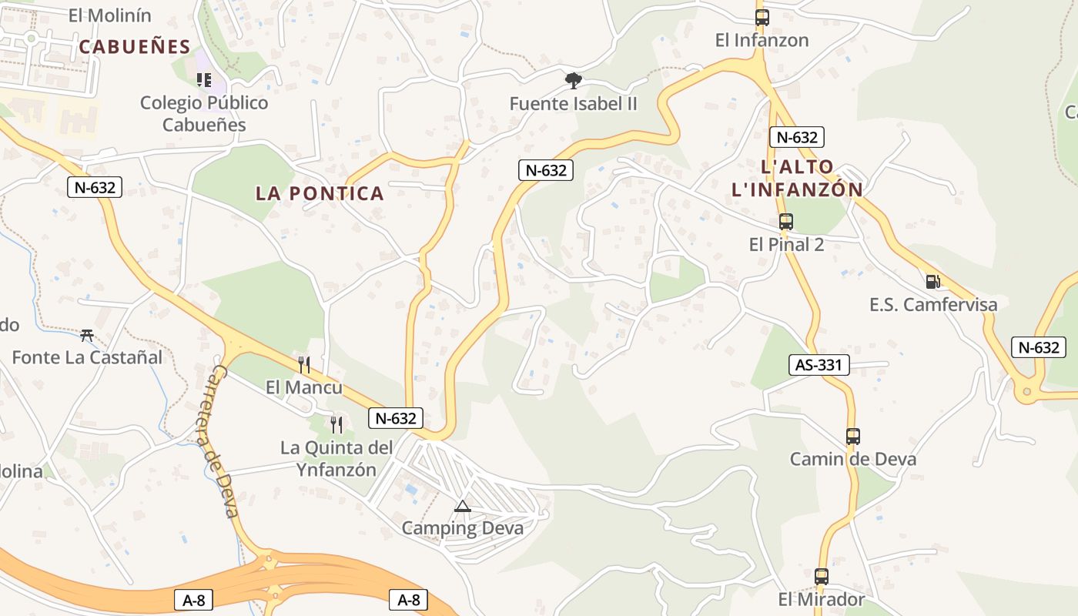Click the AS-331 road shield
pyautogui.click(x=819, y=364)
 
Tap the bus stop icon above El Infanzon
pyautogui.click(x=762, y=17)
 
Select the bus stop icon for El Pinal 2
pyautogui.click(x=785, y=222)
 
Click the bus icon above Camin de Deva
pyautogui.click(x=852, y=437)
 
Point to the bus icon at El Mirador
pyautogui.click(x=821, y=576)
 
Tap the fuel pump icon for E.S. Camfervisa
pyautogui.click(x=932, y=281)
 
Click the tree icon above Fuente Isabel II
pyautogui.click(x=573, y=80)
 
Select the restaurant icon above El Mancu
pyautogui.click(x=304, y=364)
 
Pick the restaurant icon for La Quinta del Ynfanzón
pyautogui.click(x=336, y=424)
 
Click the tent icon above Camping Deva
pyautogui.click(x=462, y=506)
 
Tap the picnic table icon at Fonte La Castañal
pyautogui.click(x=87, y=335)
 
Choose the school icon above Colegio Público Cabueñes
pyautogui.click(x=204, y=79)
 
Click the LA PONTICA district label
pyautogui.click(x=320, y=193)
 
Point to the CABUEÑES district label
pyautogui.click(x=134, y=46)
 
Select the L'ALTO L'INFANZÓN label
pyautogui.click(x=797, y=178)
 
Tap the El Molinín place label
pyautogui.click(x=110, y=15)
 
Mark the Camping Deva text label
pyautogui.click(x=462, y=528)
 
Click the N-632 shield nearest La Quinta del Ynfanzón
pyautogui.click(x=397, y=418)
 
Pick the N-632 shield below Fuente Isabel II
pyautogui.click(x=546, y=170)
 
